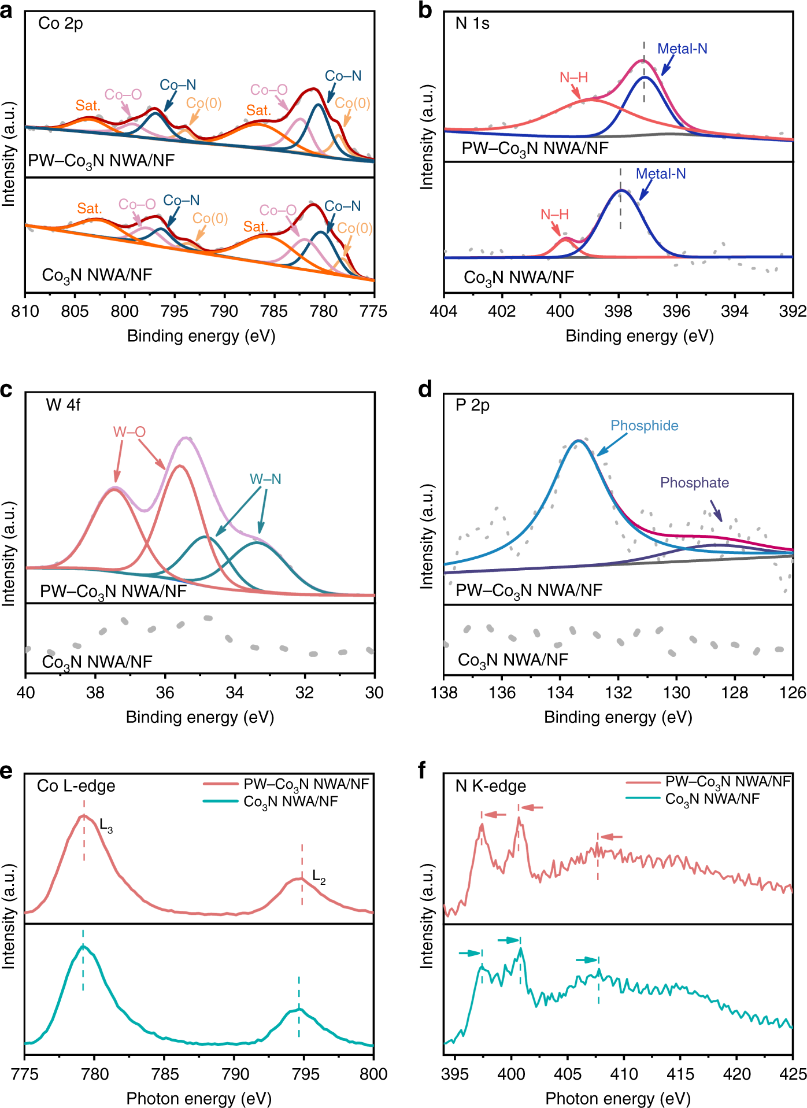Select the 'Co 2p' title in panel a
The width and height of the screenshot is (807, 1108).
pos(61,24)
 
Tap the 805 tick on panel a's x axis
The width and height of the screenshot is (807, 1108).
pos(75,312)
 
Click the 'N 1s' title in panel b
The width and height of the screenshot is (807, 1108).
pos(472,24)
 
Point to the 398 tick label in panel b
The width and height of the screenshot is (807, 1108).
pos(618,312)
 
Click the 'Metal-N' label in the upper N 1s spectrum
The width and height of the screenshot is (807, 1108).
pos(682,49)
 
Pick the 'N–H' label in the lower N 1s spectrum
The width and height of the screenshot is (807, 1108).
pos(554,215)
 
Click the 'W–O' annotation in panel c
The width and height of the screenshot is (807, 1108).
pos(129,432)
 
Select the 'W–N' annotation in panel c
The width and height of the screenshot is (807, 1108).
pos(265,479)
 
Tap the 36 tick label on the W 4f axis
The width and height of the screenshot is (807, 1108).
pos(165,693)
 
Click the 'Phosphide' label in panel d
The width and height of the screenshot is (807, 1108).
pos(644,426)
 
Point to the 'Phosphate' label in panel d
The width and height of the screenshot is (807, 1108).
pos(694,483)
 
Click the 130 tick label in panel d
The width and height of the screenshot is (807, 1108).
pos(676,693)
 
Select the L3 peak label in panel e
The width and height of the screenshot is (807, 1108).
pos(106,826)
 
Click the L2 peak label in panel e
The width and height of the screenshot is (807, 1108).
pos(319,877)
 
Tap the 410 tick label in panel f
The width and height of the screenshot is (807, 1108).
pos(624,1074)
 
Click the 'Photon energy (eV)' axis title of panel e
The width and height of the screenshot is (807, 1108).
pos(199,1098)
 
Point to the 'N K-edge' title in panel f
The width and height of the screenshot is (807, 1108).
pos(491,786)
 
